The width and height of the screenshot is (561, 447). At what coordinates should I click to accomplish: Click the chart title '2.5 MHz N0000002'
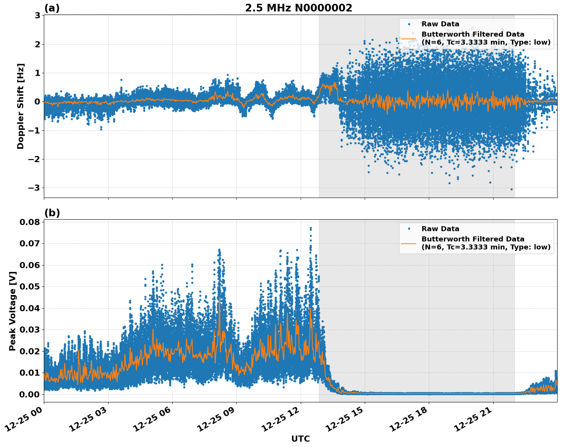point(298,8)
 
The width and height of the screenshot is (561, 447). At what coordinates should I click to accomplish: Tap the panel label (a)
point(52,8)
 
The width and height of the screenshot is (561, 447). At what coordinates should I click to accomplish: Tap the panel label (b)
point(52,213)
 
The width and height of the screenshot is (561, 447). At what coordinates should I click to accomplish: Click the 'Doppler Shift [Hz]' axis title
point(21,106)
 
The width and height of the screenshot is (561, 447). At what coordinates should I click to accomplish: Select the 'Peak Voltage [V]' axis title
point(13,311)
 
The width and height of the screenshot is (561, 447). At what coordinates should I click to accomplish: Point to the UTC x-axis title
point(300,439)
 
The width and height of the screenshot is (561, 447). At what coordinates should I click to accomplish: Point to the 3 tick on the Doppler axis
point(37,16)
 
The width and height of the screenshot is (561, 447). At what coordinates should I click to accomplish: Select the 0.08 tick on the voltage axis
point(30,222)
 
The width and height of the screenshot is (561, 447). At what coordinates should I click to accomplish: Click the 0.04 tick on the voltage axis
point(30,308)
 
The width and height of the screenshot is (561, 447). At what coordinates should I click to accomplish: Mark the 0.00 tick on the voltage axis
point(30,394)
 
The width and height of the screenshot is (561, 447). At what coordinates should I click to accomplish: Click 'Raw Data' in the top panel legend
point(440,24)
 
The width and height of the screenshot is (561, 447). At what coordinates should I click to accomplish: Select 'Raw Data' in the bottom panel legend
point(440,229)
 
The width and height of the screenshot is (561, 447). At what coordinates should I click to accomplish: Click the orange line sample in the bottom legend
point(409,243)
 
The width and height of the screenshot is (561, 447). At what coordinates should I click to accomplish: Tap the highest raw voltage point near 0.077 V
point(311,228)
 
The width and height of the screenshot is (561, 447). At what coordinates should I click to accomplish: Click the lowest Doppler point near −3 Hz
point(511,189)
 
